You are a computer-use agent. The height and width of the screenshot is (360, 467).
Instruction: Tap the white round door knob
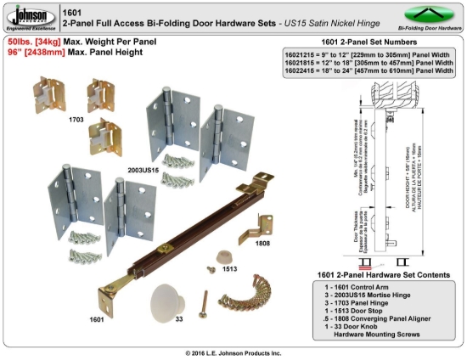(x=170, y=299)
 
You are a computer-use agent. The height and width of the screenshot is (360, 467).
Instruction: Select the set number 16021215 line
(x=368, y=53)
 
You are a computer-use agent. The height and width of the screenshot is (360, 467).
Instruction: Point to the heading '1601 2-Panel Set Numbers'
(x=368, y=41)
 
